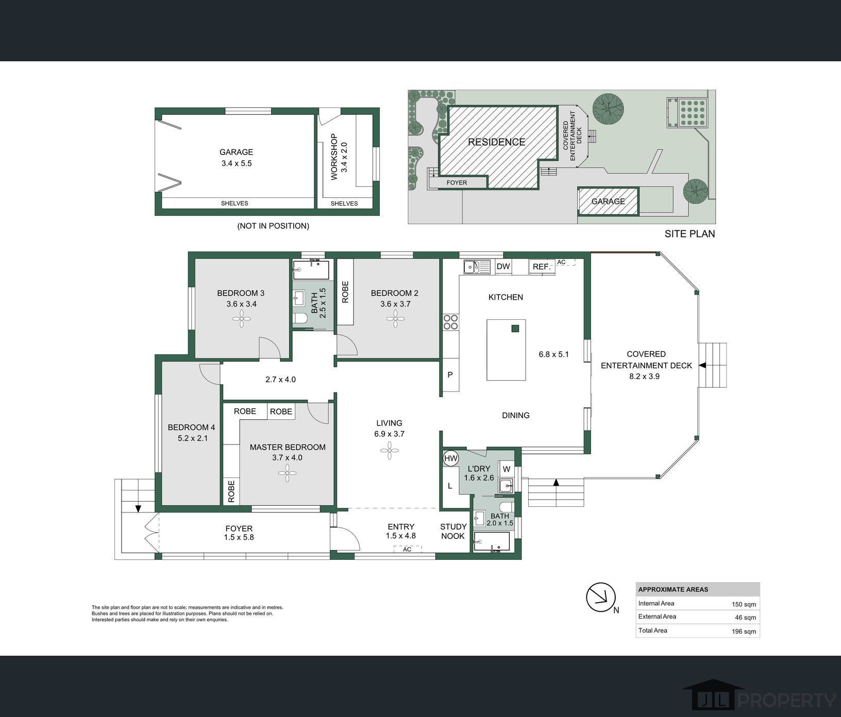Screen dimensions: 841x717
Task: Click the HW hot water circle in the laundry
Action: pyautogui.click(x=450, y=458)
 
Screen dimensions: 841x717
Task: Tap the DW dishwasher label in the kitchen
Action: pyautogui.click(x=503, y=266)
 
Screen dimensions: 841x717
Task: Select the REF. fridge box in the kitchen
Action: pyautogui.click(x=542, y=267)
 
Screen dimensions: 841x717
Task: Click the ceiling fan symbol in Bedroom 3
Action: pyautogui.click(x=241, y=319)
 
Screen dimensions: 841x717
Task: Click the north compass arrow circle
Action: pyautogui.click(x=601, y=597)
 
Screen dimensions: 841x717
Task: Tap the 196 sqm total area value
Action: pyautogui.click(x=744, y=631)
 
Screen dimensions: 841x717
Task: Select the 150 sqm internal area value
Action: pyautogui.click(x=744, y=605)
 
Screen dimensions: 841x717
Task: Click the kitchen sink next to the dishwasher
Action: pyautogui.click(x=477, y=267)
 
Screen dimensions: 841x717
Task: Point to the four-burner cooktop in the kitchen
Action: pyautogui.click(x=450, y=322)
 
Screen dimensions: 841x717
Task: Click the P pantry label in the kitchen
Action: pyautogui.click(x=450, y=375)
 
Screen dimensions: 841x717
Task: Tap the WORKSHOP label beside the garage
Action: pyautogui.click(x=334, y=157)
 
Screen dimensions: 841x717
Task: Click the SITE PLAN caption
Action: pyautogui.click(x=689, y=234)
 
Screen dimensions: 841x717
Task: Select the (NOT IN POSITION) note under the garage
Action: pyautogui.click(x=273, y=226)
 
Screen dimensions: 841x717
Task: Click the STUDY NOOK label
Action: pyautogui.click(x=453, y=531)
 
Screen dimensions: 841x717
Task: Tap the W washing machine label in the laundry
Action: pyautogui.click(x=506, y=469)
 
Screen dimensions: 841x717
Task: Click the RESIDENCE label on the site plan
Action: pyautogui.click(x=497, y=142)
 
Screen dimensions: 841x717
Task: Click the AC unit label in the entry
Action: pyautogui.click(x=407, y=550)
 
